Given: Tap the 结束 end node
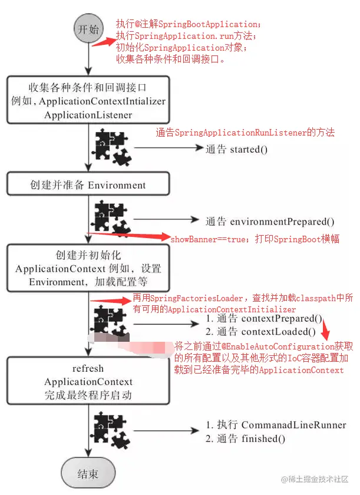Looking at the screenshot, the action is [88, 473].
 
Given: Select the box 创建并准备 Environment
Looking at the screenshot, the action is [88, 185].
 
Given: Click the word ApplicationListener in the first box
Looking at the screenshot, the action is [88, 115].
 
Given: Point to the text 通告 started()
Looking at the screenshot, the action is [236, 150].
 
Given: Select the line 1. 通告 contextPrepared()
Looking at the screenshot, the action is [264, 319].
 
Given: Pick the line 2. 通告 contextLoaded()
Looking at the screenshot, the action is [261, 332].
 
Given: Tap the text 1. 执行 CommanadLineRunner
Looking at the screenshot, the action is [276, 425].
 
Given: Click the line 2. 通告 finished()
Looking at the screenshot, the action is [245, 438].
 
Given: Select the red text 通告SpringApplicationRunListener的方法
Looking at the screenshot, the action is [245, 133].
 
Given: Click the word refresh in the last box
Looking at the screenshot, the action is [88, 368].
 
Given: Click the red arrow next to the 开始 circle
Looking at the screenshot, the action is [105, 42].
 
